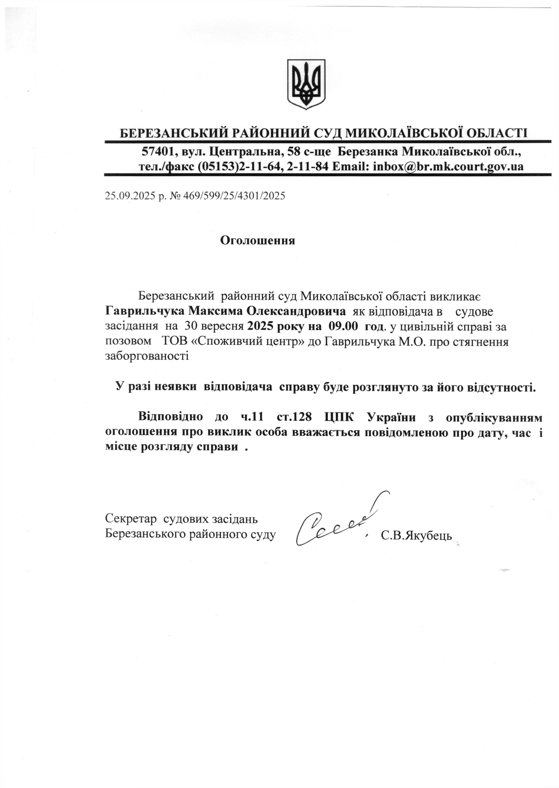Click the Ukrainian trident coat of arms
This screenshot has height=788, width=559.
[x=306, y=84]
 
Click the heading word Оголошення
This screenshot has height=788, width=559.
[x=258, y=240]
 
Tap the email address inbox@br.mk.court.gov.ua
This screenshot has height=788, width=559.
[x=448, y=167]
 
